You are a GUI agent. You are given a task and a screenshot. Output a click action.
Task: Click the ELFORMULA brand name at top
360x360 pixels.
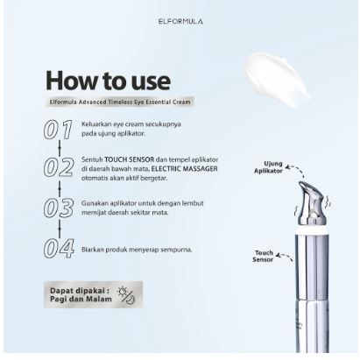point(180,20)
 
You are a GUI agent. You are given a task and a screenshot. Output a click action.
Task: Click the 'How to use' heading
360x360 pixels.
point(108,80)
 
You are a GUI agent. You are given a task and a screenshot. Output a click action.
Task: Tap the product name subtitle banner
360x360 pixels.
point(120,102)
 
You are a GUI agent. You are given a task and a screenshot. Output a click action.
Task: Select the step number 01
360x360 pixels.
point(59,131)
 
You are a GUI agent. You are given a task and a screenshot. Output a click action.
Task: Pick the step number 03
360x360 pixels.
point(59,209)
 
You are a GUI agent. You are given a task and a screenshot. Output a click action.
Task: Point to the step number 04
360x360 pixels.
point(59,249)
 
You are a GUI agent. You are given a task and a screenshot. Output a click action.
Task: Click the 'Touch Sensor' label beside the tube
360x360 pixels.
point(265,256)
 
